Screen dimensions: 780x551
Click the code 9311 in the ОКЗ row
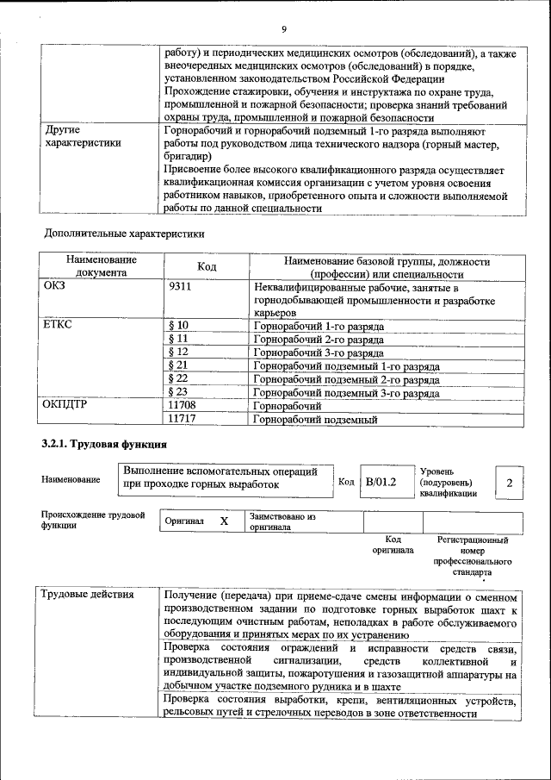coord(180,287)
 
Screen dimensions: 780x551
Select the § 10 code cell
coord(178,326)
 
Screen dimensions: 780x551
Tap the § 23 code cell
coord(178,392)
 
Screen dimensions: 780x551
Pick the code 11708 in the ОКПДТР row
coord(183,405)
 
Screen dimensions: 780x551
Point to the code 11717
coord(183,419)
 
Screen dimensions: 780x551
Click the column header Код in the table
coord(207,267)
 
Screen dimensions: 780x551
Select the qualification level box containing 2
coord(510,482)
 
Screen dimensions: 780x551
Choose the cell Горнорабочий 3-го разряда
coord(319,353)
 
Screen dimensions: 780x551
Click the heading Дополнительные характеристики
coord(124,233)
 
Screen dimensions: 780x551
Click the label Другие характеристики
coord(82,137)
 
